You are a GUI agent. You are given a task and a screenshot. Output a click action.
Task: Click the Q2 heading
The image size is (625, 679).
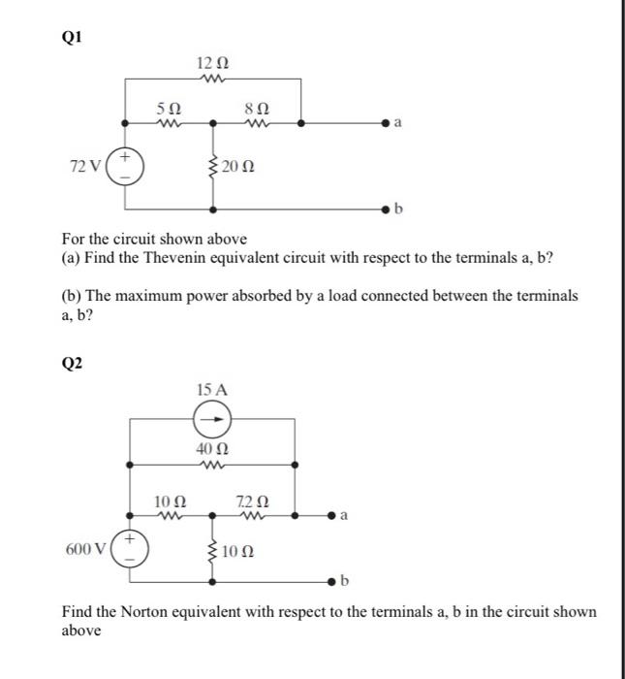(x=72, y=363)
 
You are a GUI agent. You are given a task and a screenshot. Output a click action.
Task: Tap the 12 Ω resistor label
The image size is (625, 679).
(x=211, y=64)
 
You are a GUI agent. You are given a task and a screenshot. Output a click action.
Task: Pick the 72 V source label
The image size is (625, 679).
(x=84, y=168)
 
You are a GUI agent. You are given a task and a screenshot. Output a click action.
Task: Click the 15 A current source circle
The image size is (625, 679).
(x=212, y=420)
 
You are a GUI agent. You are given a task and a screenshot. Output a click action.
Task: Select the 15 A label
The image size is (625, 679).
(x=211, y=390)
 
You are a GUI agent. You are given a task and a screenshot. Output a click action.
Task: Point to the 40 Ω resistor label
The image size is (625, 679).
(x=211, y=450)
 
